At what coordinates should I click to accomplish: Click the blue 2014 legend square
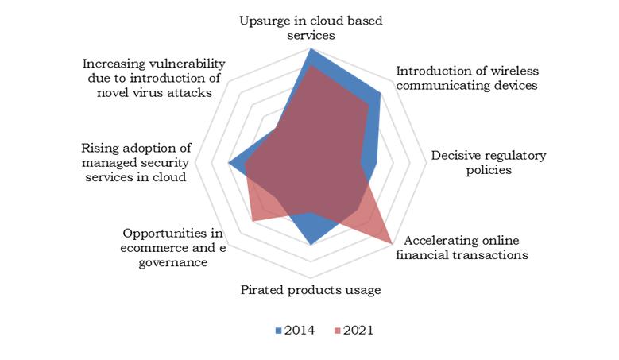278,331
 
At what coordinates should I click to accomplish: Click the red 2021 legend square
337,331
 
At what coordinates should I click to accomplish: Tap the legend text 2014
300,331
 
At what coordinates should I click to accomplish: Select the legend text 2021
358,331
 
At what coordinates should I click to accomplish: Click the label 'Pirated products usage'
311,290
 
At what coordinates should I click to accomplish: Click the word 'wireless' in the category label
514,71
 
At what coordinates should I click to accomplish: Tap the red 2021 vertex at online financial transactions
391,242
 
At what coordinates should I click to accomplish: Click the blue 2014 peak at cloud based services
311,48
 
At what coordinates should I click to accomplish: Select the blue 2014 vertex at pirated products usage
311,245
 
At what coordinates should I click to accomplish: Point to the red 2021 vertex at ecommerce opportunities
253,221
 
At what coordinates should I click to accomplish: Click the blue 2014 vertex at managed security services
228,163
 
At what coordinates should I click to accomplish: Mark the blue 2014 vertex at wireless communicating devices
380,94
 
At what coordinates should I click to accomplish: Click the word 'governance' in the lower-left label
173,263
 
